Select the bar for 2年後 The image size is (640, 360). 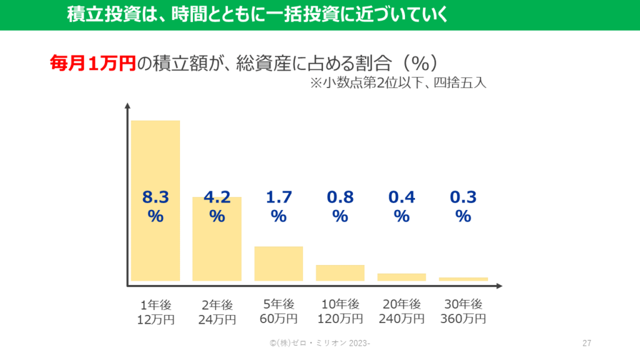pyautogui.click(x=216, y=250)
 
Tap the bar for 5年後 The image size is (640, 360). pyautogui.click(x=278, y=263)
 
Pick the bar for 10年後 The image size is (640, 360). pyautogui.click(x=339, y=272)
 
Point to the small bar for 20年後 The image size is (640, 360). pyautogui.click(x=401, y=277)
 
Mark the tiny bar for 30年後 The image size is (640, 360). pyautogui.click(x=463, y=279)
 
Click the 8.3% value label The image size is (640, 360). pyautogui.click(x=155, y=207)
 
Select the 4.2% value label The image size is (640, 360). pyautogui.click(x=217, y=207)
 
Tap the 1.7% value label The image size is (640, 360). pyautogui.click(x=278, y=207)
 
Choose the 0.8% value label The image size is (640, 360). pyautogui.click(x=340, y=207)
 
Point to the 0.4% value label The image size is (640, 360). pyautogui.click(x=401, y=207)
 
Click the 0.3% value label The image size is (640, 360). pyautogui.click(x=463, y=207)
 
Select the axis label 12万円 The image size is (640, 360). pyautogui.click(x=156, y=319)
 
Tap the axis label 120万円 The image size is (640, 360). pyautogui.click(x=340, y=319)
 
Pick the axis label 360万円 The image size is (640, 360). pyautogui.click(x=463, y=319)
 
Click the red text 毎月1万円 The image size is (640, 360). pyautogui.click(x=92, y=63)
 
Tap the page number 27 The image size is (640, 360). pyautogui.click(x=586, y=343)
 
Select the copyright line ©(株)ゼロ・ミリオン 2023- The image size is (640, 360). pyautogui.click(x=319, y=343)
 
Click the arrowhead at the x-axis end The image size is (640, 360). pyautogui.click(x=498, y=286)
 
